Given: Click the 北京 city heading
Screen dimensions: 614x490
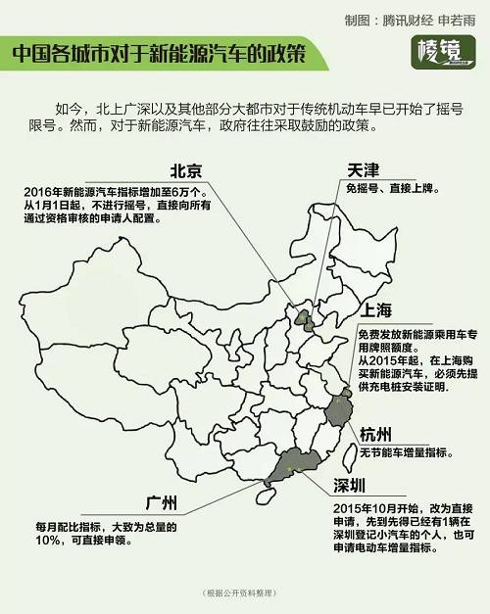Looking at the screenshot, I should click(x=188, y=168).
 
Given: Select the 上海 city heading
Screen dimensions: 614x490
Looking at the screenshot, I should click(x=376, y=312).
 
